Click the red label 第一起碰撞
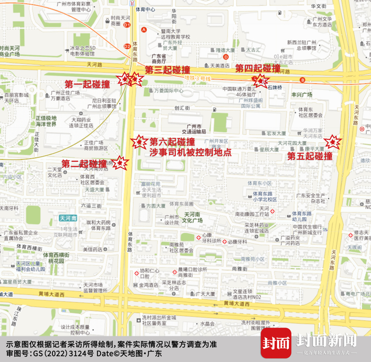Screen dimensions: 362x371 click(87, 84)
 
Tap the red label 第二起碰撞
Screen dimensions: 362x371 click(84, 164)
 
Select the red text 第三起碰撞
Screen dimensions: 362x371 click(167, 70)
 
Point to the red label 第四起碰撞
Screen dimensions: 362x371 click(258, 68)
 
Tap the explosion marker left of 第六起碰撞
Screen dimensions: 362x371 click(139, 142)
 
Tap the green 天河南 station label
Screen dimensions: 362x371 click(68, 218)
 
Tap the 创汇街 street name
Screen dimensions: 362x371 click(182, 108)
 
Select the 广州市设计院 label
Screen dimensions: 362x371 click(172, 220)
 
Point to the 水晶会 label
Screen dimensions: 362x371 click(207, 323)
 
